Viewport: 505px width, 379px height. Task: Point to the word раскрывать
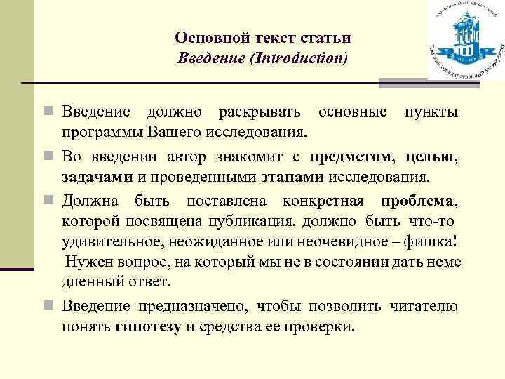[x=260, y=112]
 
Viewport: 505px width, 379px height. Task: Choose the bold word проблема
[x=414, y=201]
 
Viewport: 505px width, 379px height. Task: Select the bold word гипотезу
[x=148, y=326]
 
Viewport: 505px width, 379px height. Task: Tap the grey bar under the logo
[x=429, y=84]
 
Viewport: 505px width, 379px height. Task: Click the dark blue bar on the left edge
[x=16, y=267]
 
